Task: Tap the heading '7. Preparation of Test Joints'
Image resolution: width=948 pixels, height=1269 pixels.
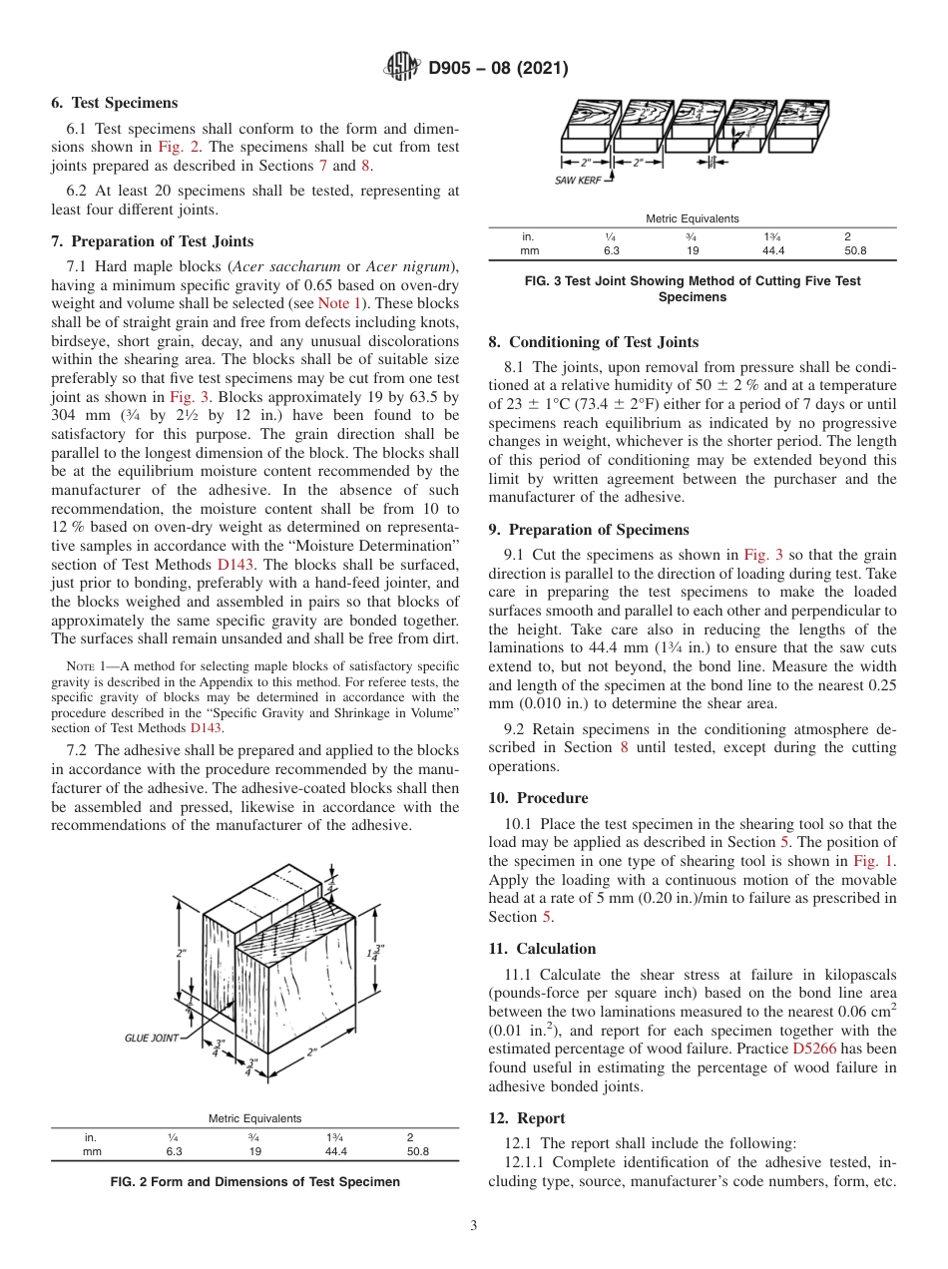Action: [x=152, y=240]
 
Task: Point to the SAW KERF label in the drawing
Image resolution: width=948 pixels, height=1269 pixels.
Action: [x=577, y=180]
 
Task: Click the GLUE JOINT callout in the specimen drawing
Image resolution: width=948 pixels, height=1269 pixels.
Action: [x=152, y=1038]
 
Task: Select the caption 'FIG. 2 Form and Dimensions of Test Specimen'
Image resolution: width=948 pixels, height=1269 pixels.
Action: [x=254, y=1181]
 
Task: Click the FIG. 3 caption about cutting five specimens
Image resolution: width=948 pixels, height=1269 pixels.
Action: [x=692, y=288]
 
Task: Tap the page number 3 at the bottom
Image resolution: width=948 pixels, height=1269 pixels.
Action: [x=473, y=1225]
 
